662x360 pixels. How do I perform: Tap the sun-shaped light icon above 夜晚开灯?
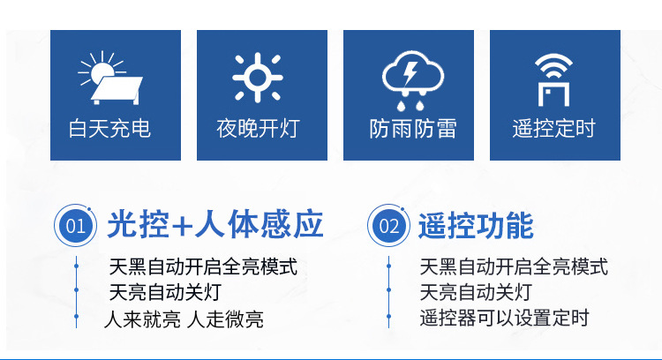257,77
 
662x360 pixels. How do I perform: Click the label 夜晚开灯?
258,129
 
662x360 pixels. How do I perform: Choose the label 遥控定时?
554,129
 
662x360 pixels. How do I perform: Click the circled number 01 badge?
77,225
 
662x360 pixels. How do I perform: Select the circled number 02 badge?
388,225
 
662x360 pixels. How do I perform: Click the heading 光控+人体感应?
214,225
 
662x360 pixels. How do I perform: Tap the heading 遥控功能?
476,225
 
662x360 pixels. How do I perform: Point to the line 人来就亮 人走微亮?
184,319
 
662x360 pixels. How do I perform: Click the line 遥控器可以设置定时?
504,319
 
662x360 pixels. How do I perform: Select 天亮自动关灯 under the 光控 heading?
164,292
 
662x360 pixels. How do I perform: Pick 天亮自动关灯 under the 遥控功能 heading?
476,292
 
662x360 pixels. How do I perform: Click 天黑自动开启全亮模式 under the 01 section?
203,266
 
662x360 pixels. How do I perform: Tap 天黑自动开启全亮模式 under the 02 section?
515,266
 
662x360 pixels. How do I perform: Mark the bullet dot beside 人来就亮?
77,319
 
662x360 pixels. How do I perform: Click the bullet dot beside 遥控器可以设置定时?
388,319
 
